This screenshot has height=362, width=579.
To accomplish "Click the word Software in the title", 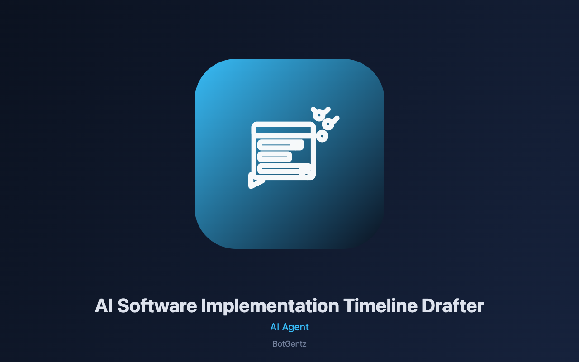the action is tap(157, 305).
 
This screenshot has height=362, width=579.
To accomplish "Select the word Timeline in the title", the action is tap(380, 305).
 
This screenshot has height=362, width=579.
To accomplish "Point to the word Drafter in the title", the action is tap(453, 305).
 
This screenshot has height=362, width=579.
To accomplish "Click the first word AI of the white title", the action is tap(104, 305).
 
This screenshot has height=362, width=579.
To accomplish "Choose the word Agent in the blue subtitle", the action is tap(295, 328).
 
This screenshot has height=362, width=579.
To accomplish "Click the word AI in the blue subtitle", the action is tap(275, 327).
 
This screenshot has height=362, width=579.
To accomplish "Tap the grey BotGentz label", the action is tap(289, 344).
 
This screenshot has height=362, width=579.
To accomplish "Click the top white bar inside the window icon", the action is tap(280, 145).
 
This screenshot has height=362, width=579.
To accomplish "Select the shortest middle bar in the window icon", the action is tap(275, 157).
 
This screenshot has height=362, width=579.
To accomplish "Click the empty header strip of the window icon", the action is tap(283, 130).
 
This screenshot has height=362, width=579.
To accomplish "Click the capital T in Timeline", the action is tap(349, 305).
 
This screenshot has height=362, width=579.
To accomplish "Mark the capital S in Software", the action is tap(123, 305).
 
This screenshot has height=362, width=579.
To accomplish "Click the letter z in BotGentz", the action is tap(304, 345).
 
